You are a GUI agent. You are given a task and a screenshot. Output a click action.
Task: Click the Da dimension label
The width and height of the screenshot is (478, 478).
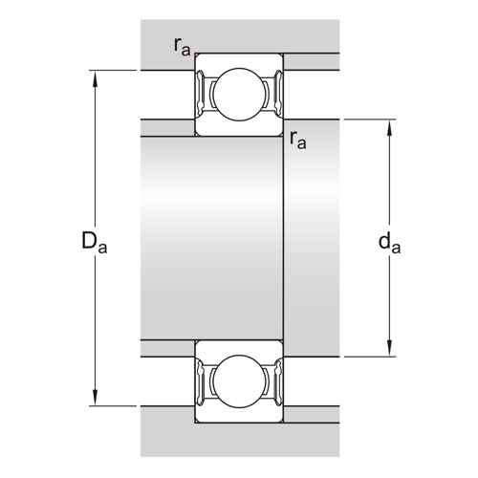[x=95, y=243]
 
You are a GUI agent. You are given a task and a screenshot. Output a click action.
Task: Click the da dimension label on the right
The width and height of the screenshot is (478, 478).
[x=389, y=243]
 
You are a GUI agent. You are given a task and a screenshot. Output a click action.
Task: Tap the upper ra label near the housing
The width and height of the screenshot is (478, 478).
[x=182, y=47]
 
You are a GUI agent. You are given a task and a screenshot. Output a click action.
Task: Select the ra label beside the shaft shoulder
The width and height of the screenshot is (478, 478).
[x=298, y=141]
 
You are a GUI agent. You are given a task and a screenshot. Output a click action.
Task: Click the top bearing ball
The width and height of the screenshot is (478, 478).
[x=239, y=95]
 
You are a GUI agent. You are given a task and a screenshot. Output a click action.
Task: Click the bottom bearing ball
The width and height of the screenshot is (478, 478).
[x=239, y=381]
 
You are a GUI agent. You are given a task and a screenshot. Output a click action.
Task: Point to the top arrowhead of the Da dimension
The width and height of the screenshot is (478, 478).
[x=95, y=78]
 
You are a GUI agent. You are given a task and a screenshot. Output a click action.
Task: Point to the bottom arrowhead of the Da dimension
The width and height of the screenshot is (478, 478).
[x=95, y=398]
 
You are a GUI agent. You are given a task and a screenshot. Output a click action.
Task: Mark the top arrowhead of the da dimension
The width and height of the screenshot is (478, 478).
[x=389, y=127]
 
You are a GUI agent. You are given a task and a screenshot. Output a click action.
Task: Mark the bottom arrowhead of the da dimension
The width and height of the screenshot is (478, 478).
[x=389, y=348]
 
